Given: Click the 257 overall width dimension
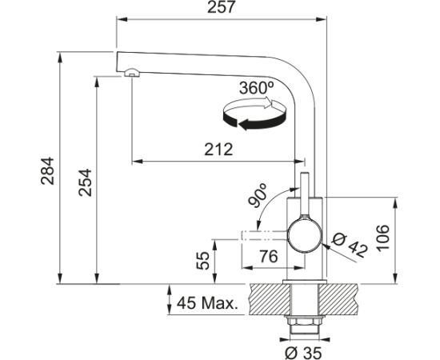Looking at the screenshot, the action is [221, 7].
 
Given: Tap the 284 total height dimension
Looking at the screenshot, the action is [47, 170].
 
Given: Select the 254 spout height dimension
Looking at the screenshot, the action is [85, 182].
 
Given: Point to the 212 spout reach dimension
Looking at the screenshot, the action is [218, 150].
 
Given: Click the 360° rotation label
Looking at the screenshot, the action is [256, 88].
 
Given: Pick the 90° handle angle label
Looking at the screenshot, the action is [258, 195].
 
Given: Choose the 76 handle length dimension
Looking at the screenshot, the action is [268, 256].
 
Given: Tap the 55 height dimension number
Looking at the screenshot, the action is [203, 261].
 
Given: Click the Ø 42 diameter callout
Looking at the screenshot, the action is [350, 246].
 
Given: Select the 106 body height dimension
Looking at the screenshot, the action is [382, 237].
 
